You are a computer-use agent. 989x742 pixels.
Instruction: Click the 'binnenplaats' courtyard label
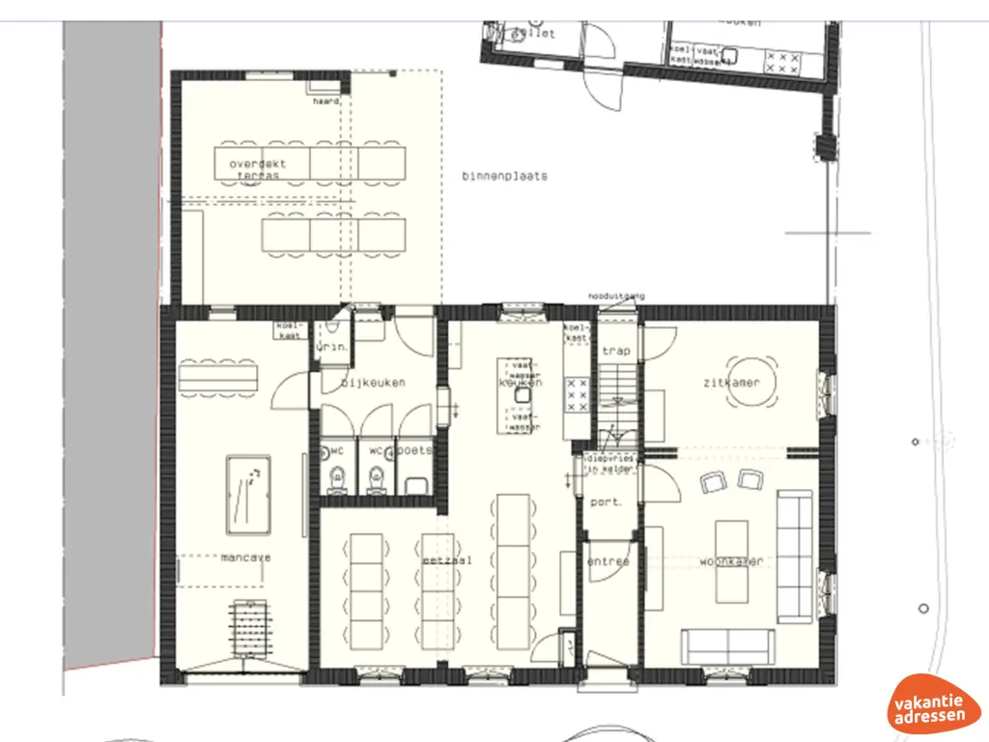(x=504, y=177)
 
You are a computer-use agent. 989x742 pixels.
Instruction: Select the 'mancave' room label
(x=245, y=557)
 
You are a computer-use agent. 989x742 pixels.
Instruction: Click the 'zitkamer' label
(x=731, y=383)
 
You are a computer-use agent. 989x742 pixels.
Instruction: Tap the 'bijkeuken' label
(x=373, y=383)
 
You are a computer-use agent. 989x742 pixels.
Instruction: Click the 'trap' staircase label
(x=615, y=351)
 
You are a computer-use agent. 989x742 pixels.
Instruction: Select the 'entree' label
(x=608, y=561)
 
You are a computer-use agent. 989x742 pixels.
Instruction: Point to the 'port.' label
(x=606, y=502)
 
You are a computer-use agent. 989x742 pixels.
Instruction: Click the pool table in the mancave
(x=248, y=494)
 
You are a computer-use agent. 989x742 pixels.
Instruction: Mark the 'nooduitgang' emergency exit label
(x=616, y=296)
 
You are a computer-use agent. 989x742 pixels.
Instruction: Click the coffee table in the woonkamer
(x=730, y=548)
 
